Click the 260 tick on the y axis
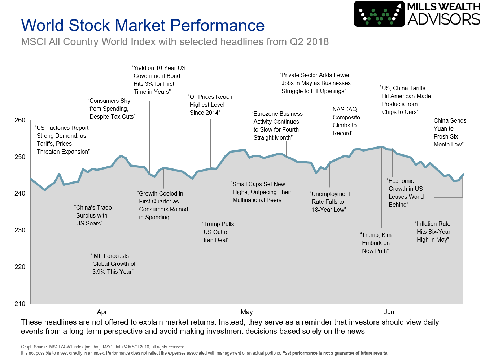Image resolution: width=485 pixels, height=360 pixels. [20, 120]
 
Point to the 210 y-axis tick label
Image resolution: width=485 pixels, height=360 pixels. [20, 304]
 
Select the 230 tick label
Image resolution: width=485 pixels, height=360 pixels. [20, 230]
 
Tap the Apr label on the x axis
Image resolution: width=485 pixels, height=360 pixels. [102, 312]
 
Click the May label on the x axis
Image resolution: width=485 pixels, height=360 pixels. [246, 312]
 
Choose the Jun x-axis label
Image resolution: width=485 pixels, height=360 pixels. [389, 312]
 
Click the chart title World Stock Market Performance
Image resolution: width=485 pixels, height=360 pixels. [143, 25]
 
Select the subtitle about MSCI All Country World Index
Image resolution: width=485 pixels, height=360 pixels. [175, 42]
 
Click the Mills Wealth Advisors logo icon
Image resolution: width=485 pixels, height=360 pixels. [379, 14]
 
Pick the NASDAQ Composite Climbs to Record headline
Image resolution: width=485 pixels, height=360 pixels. [345, 121]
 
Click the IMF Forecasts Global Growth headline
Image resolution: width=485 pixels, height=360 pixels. [113, 264]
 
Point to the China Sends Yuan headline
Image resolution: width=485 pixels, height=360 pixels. [449, 132]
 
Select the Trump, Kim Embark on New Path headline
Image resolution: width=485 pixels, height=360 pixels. [376, 243]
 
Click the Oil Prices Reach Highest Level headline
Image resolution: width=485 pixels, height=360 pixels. [210, 105]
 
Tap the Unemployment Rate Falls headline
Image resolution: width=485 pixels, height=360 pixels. [329, 202]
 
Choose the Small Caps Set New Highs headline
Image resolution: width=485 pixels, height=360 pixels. [261, 192]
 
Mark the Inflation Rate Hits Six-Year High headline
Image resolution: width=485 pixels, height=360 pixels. [433, 232]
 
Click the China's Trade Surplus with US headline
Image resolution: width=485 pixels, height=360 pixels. [93, 215]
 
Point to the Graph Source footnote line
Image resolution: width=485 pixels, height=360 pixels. [103, 347]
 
